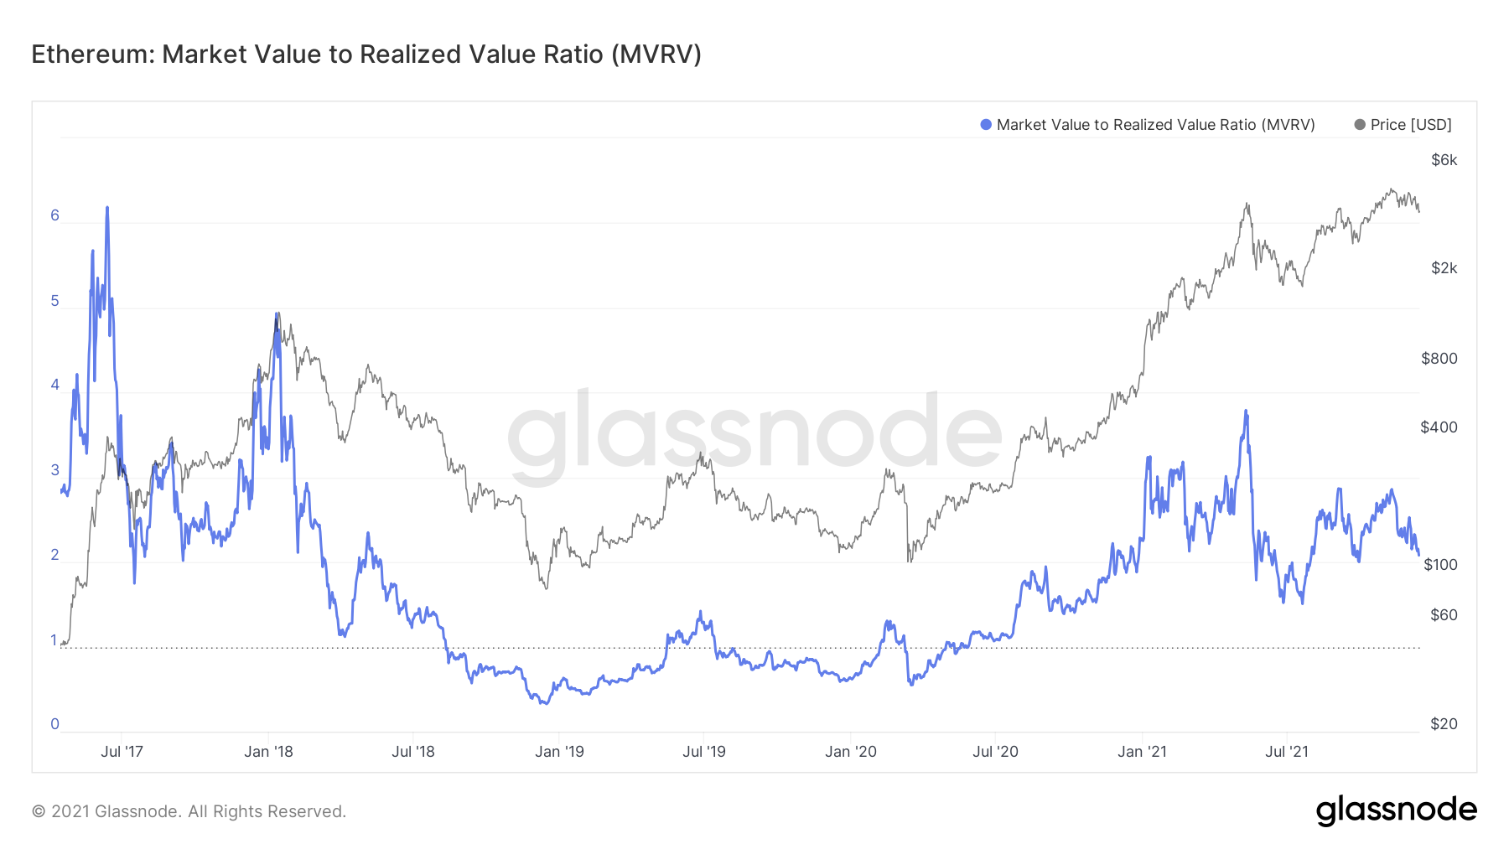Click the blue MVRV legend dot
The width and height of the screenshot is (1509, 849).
[x=986, y=125]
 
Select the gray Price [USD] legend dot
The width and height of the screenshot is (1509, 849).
[x=1360, y=125]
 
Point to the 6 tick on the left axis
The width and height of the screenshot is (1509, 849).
[x=55, y=215]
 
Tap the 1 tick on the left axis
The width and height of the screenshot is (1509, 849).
[x=54, y=640]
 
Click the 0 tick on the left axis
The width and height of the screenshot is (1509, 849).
[x=55, y=724]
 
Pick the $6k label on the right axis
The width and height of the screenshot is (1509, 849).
[x=1444, y=160]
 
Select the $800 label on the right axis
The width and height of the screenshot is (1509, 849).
[x=1439, y=359]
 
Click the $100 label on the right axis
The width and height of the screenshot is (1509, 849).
[x=1440, y=565]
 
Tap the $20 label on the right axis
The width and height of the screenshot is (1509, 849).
[x=1444, y=724]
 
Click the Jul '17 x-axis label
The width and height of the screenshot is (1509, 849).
[x=122, y=752]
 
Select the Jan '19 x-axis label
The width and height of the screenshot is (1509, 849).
[x=559, y=752]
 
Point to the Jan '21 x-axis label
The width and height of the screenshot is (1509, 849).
[x=1142, y=752]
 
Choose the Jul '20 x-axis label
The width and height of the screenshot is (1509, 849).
[x=995, y=752]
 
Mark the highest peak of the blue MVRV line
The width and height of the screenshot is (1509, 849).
[x=107, y=207]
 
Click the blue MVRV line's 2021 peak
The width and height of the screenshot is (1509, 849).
[x=1246, y=411]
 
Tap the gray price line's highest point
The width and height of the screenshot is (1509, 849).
[x=1391, y=189]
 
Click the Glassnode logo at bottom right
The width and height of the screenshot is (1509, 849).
[x=1396, y=810]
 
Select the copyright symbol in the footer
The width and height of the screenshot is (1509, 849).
[x=39, y=811]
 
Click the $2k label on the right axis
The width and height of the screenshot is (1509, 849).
[x=1444, y=268]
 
